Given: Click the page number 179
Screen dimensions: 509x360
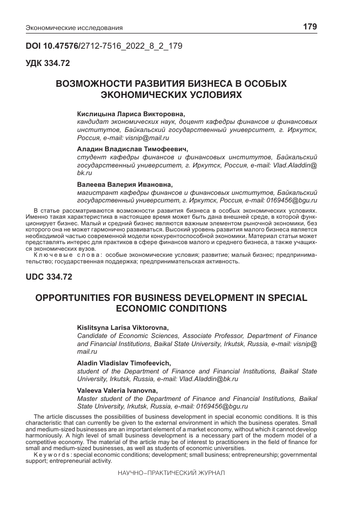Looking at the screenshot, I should (310, 27).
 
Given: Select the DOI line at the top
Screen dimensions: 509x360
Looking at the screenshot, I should (104, 46).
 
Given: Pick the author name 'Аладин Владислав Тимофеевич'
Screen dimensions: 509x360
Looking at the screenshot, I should (132, 150).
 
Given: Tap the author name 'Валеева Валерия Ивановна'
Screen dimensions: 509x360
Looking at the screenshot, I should (125, 185).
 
